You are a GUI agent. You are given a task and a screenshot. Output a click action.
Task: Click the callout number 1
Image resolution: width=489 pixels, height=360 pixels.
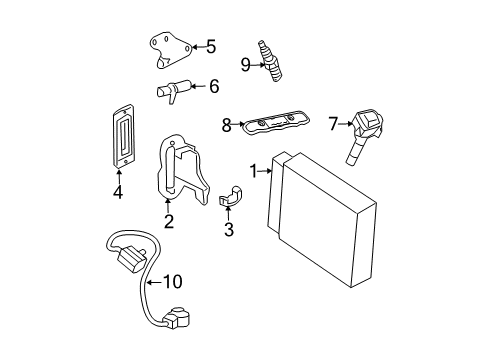coord(254,171)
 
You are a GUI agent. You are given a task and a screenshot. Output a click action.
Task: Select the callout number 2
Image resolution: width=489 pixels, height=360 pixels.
coord(169,221)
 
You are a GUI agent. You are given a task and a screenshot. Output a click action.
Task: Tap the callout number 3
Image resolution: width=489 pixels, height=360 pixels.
coord(229,229)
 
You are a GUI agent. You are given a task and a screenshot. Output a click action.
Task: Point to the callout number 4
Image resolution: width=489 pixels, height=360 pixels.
coord(118,192)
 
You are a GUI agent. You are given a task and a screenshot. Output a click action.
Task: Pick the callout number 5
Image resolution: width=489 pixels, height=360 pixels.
coord(211,47)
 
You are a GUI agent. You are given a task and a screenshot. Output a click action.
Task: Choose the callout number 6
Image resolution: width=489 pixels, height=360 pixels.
coord(214,86)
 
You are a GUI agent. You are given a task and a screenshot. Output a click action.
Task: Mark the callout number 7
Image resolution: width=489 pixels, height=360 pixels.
coord(333,124)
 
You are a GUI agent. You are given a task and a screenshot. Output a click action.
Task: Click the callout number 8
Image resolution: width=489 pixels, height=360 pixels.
coord(227,126)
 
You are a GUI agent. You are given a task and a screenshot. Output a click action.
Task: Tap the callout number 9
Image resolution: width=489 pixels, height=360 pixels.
coord(246,65)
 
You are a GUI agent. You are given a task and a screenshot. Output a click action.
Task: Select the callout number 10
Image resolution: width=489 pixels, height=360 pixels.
coord(173,282)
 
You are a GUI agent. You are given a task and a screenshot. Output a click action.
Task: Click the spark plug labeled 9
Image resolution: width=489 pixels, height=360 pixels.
coord(271,61)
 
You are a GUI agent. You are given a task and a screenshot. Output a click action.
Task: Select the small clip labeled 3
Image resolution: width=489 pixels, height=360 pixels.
coord(230,196)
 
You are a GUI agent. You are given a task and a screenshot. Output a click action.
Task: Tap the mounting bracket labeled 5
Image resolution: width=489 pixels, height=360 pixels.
coord(170,50)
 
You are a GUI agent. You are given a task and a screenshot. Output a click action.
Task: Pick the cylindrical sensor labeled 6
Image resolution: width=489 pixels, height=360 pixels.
coord(173,91)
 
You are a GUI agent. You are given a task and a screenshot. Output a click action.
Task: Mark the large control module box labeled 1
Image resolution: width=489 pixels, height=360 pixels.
coord(322,220)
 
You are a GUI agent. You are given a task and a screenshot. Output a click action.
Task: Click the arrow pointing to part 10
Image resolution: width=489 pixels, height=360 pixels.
coord(155,282)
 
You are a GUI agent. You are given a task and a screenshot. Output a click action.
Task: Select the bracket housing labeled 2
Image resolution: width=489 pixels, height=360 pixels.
coord(183,169)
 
